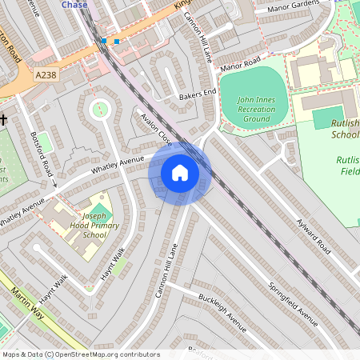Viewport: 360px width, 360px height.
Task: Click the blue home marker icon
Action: click(x=180, y=173)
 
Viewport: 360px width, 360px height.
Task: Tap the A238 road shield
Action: click(x=46, y=74)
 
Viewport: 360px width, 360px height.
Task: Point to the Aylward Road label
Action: click(x=313, y=237)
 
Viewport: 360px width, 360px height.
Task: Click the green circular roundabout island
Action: click(x=100, y=109)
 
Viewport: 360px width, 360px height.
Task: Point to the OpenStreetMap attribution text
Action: click(x=81, y=354)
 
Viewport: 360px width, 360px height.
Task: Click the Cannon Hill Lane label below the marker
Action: click(x=170, y=271)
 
